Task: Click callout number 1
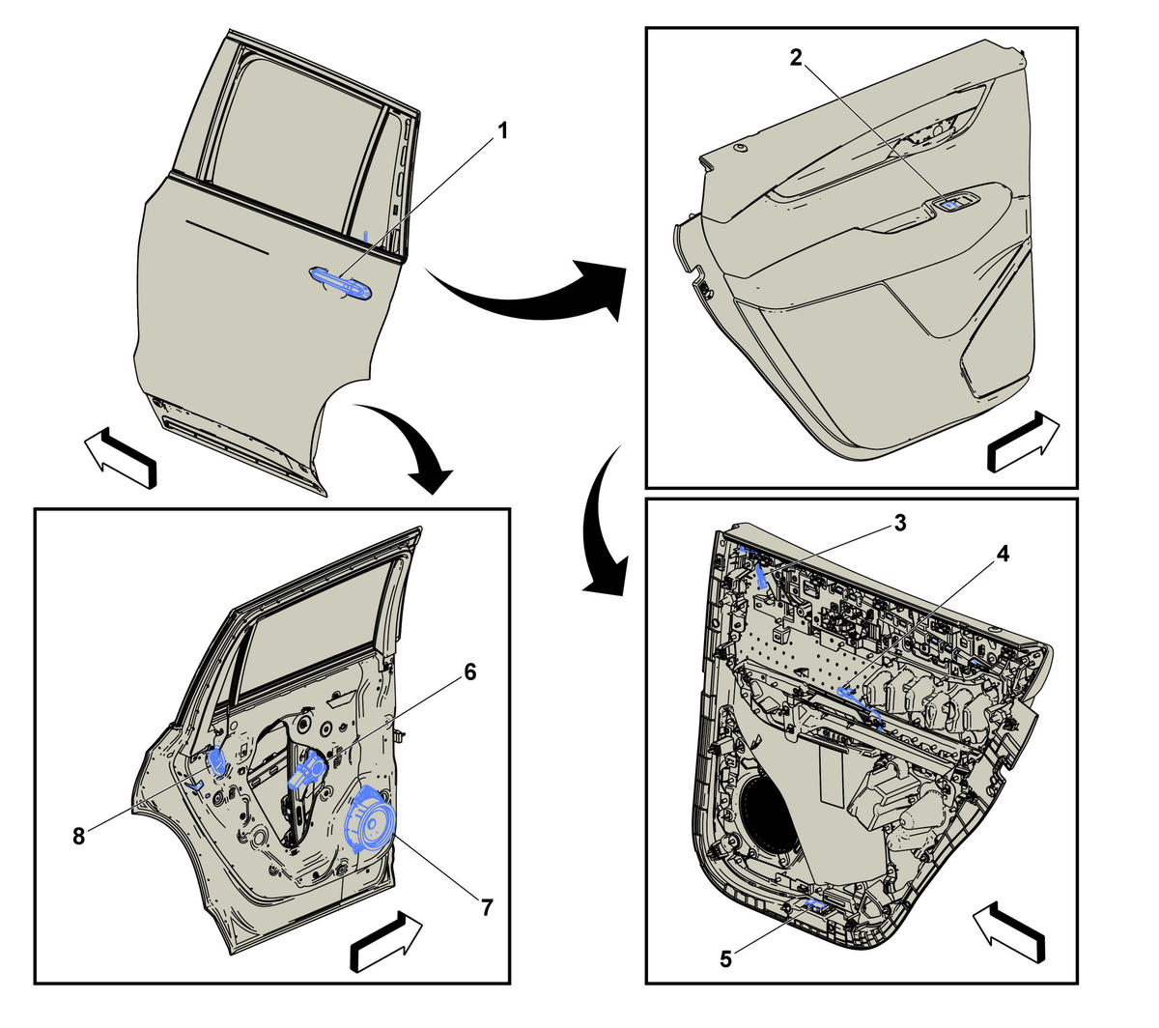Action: point(502,131)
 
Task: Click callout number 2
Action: point(796,57)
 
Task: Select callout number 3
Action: point(900,523)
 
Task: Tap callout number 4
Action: point(1003,554)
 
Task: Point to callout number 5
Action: point(725,959)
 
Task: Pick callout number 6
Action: point(469,672)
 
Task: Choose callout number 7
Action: point(486,907)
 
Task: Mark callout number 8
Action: point(79,837)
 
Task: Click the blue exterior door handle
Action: point(341,283)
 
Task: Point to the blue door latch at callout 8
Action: point(218,761)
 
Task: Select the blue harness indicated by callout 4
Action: point(860,708)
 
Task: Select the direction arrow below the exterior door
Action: point(121,457)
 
